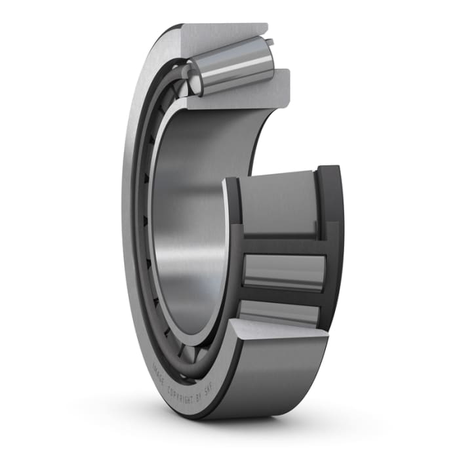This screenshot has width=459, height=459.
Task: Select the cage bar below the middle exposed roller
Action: tap(282, 294)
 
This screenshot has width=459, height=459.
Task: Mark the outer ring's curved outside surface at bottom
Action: tap(275, 380)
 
